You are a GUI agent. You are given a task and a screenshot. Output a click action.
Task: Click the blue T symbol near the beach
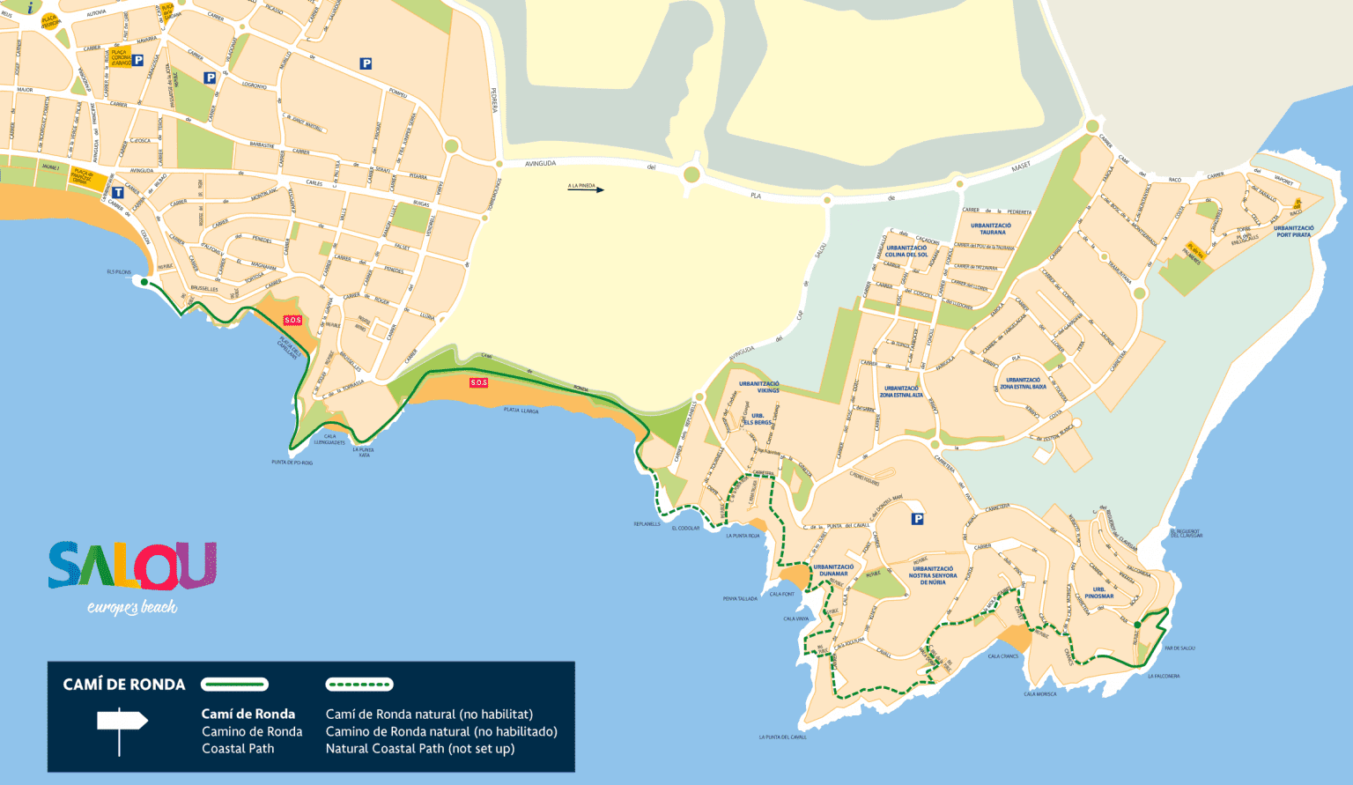tap(117, 192)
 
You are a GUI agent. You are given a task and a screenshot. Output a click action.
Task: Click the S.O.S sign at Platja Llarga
tap(478, 382)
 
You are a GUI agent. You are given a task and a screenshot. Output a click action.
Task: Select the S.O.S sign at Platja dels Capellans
tap(292, 320)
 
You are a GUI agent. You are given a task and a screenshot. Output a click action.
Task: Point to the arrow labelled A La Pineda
tap(586, 189)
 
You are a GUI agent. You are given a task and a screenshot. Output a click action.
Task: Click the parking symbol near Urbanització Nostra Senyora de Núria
tap(917, 519)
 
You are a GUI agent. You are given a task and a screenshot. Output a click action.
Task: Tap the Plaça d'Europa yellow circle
tap(50, 21)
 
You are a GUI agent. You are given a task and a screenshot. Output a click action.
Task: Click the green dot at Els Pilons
tap(144, 282)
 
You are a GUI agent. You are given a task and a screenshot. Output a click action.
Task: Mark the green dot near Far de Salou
tap(1137, 626)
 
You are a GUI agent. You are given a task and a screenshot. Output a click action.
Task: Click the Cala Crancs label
tap(1002, 656)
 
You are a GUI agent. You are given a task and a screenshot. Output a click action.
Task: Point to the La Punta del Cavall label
tap(782, 737)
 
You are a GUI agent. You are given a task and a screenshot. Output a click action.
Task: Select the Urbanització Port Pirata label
tap(1293, 231)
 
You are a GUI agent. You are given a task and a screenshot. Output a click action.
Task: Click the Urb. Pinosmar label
tap(1098, 593)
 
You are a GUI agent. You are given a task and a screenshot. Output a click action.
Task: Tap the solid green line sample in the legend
tap(234, 685)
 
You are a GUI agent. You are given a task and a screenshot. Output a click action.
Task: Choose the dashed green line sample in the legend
tap(359, 685)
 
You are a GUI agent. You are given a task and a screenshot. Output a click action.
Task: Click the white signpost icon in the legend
tap(122, 728)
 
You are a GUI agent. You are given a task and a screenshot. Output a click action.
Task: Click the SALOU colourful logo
tap(132, 566)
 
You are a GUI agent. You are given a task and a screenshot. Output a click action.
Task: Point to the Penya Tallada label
tap(740, 599)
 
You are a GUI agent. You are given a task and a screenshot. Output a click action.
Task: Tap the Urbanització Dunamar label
tap(833, 570)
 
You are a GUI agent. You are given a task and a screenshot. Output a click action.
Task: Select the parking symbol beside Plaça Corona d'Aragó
tap(138, 61)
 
